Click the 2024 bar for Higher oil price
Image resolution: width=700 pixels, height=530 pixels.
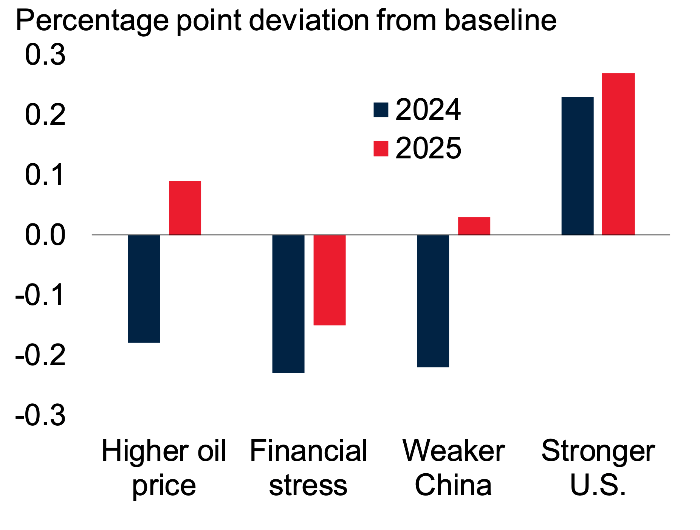(x=144, y=289)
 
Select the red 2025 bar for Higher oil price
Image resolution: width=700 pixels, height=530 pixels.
(x=185, y=208)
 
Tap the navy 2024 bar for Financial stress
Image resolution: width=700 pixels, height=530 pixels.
(x=288, y=304)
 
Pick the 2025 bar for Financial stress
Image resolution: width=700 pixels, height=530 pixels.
(x=329, y=280)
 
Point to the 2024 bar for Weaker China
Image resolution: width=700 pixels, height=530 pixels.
(x=433, y=301)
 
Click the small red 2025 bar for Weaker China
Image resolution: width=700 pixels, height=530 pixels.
(x=474, y=226)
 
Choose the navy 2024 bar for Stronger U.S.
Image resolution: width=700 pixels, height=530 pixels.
(x=577, y=166)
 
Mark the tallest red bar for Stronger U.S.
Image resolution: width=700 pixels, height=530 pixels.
(x=618, y=154)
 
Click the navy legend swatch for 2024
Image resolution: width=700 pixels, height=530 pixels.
(x=381, y=110)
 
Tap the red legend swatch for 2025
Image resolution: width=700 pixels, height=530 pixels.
(x=381, y=149)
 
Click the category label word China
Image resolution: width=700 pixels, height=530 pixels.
(x=453, y=485)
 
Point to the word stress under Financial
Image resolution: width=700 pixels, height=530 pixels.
(x=308, y=485)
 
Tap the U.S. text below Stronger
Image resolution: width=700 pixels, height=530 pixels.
(x=598, y=485)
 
